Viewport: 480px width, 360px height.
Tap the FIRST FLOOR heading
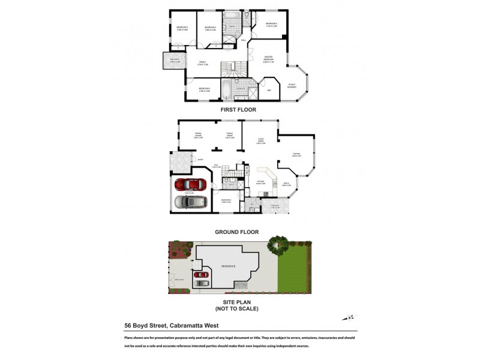(238, 110)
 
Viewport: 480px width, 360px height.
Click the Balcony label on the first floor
(175, 61)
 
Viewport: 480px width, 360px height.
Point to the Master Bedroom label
(268, 61)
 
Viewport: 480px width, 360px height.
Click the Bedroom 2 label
(272, 25)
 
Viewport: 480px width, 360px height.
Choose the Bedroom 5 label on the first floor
(196, 89)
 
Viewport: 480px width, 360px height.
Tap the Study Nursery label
(293, 85)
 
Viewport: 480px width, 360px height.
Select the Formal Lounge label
(197, 135)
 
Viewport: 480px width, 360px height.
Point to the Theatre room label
(296, 155)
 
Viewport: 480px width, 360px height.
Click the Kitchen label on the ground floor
(261, 181)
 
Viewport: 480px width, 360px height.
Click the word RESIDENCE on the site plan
(229, 266)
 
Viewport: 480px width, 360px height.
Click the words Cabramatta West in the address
(199, 326)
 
